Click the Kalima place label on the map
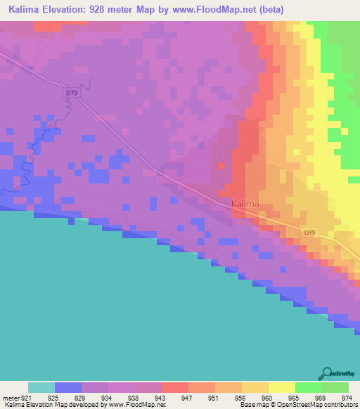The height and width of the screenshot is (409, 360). (245, 204)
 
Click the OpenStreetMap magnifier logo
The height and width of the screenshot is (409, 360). (328, 372)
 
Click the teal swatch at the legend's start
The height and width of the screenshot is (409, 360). (41, 387)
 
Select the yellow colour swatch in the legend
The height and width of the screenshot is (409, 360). (281, 387)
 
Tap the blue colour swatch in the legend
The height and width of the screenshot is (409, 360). (68, 387)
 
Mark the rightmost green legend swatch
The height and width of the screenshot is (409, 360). (335, 387)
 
